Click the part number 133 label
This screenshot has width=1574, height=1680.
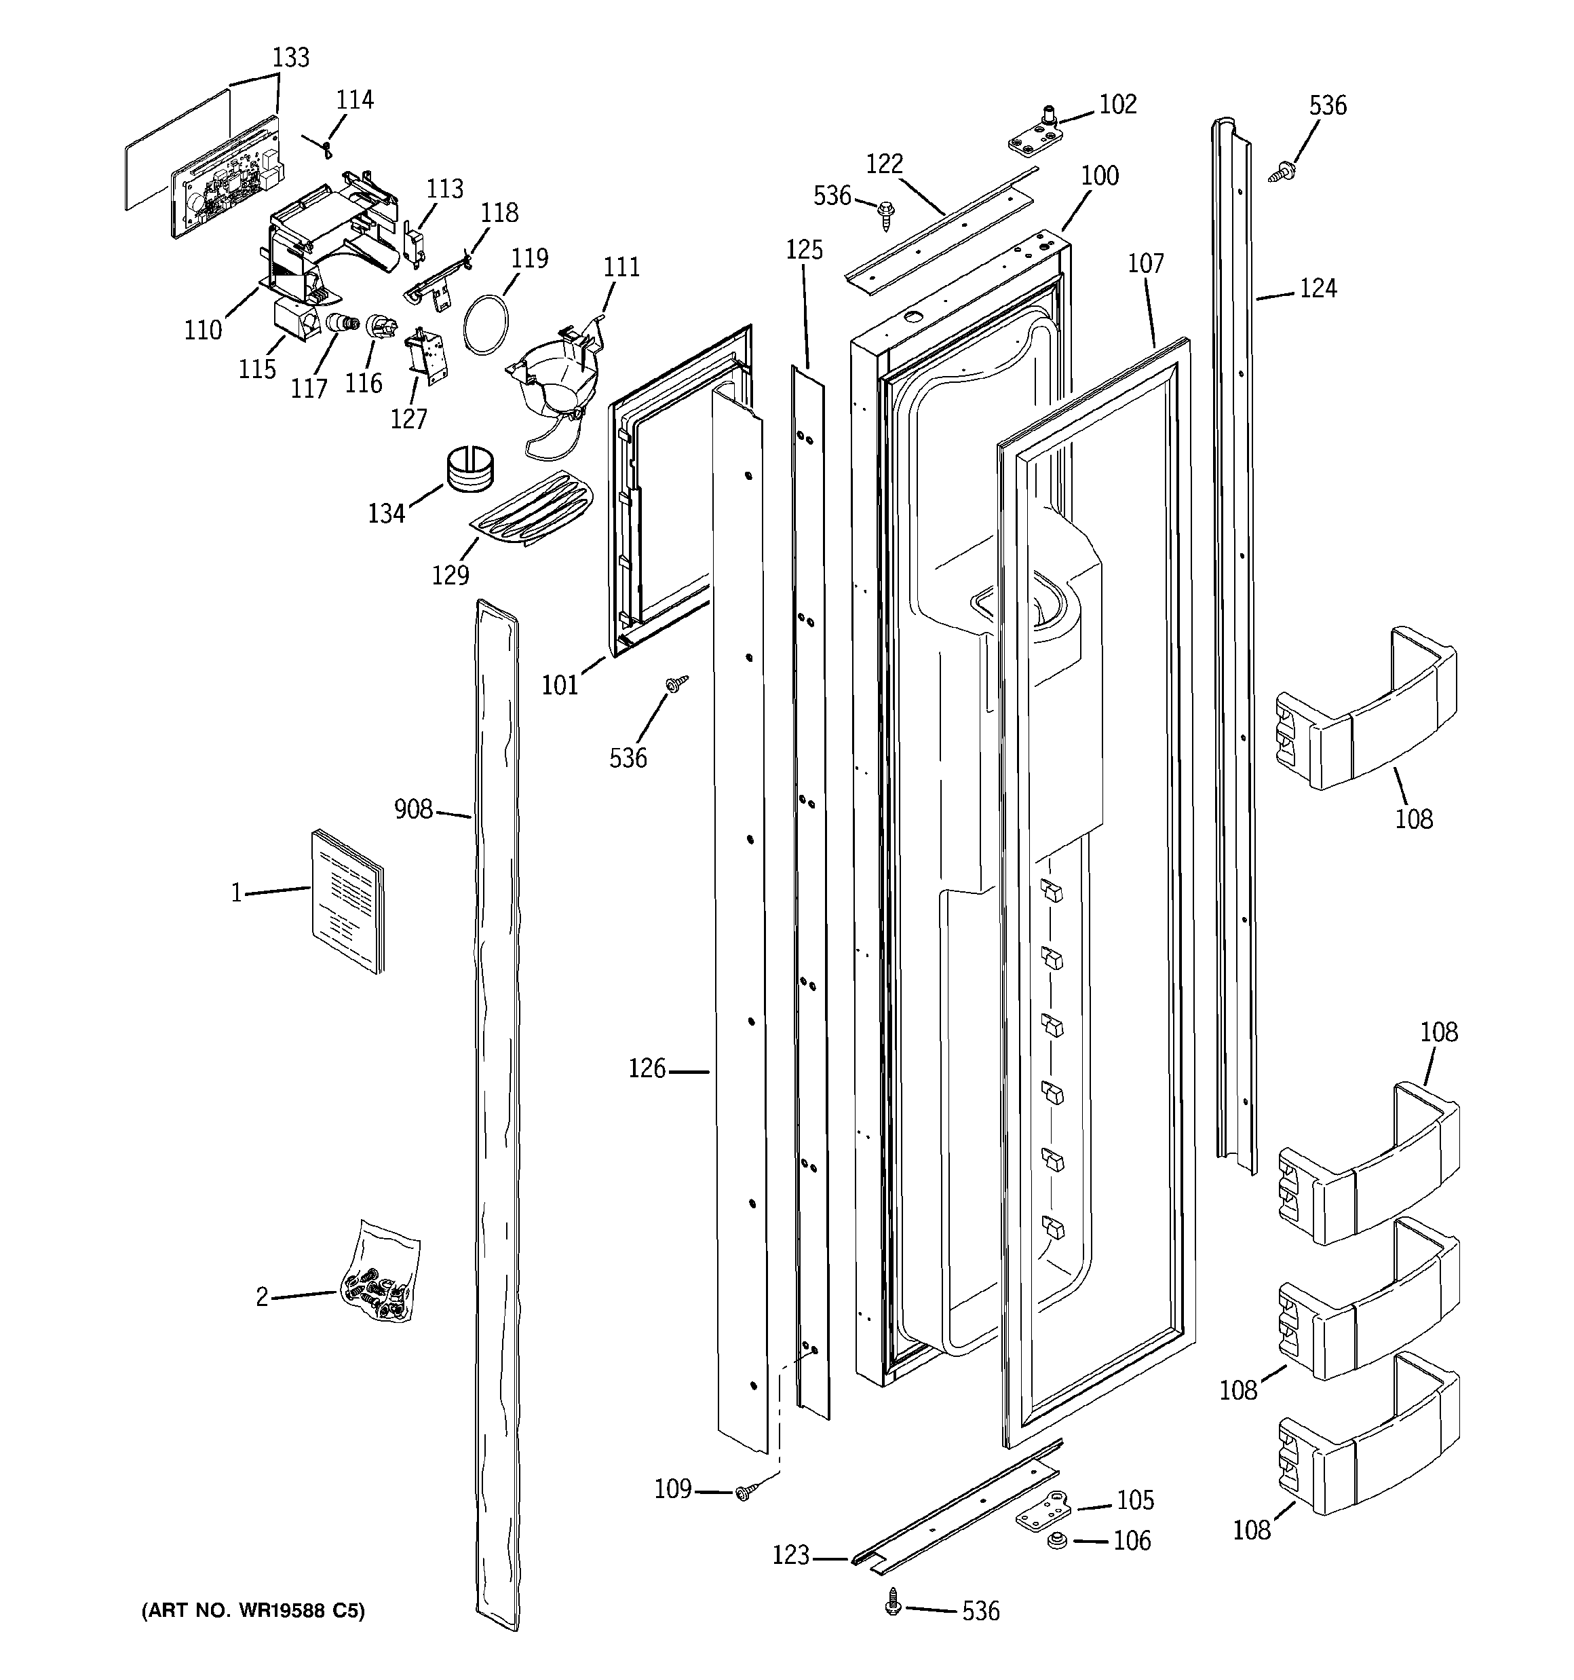pos(290,58)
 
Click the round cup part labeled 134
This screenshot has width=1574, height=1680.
pos(469,469)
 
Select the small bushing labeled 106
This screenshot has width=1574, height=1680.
pos(1055,1541)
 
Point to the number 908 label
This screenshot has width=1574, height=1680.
pos(413,810)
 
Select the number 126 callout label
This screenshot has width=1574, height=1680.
pos(647,1069)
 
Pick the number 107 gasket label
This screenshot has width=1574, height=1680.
pos(1146,263)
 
